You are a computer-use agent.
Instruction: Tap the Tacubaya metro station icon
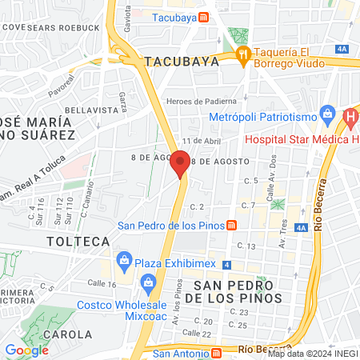click(x=205, y=17)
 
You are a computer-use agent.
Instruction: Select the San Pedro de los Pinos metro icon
click(x=231, y=226)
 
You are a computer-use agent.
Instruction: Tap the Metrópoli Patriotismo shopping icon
click(x=326, y=112)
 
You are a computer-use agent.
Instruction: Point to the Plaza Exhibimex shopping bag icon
click(x=124, y=259)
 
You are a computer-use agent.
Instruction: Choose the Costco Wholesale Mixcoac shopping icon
click(x=147, y=282)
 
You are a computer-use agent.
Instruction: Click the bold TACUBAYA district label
click(x=182, y=60)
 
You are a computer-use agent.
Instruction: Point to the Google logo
click(x=27, y=350)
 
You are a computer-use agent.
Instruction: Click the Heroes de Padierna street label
click(x=202, y=101)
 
